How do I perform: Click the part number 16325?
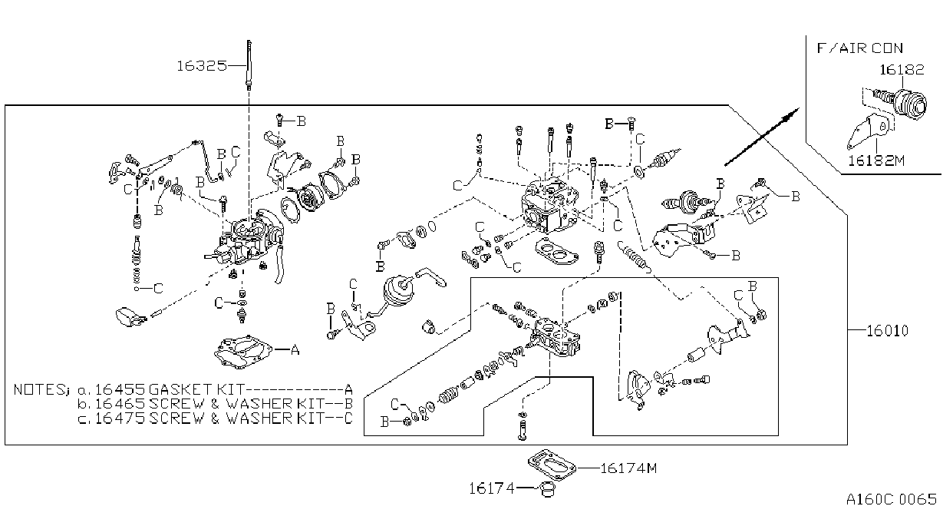(x=202, y=66)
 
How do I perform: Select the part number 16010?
(x=888, y=331)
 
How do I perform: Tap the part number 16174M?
(x=628, y=468)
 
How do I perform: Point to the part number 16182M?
(x=876, y=160)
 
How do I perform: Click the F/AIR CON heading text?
(x=860, y=48)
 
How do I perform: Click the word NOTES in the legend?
(x=38, y=389)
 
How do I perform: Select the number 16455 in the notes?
(x=120, y=389)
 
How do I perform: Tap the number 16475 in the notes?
(x=120, y=418)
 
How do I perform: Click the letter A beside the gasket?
(x=295, y=349)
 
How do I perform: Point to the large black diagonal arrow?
(x=762, y=137)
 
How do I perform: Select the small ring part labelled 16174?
(x=547, y=488)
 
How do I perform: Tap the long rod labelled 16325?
(x=249, y=65)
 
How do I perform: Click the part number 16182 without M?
(x=902, y=70)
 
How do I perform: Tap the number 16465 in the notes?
(x=120, y=404)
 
